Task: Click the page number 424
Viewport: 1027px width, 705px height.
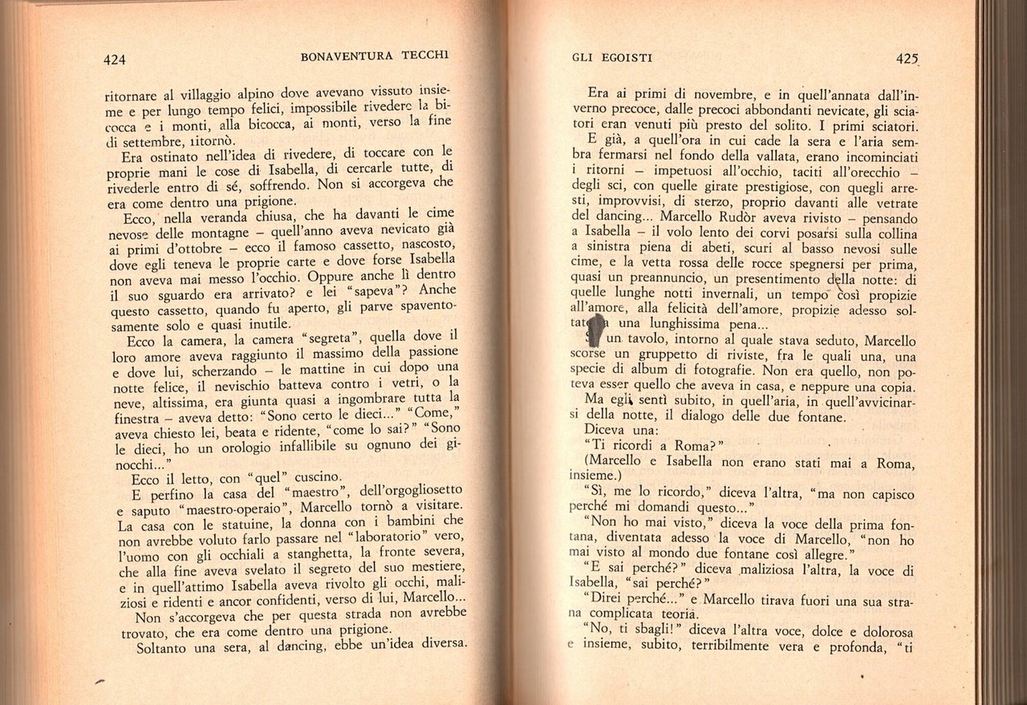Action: tap(117, 58)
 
